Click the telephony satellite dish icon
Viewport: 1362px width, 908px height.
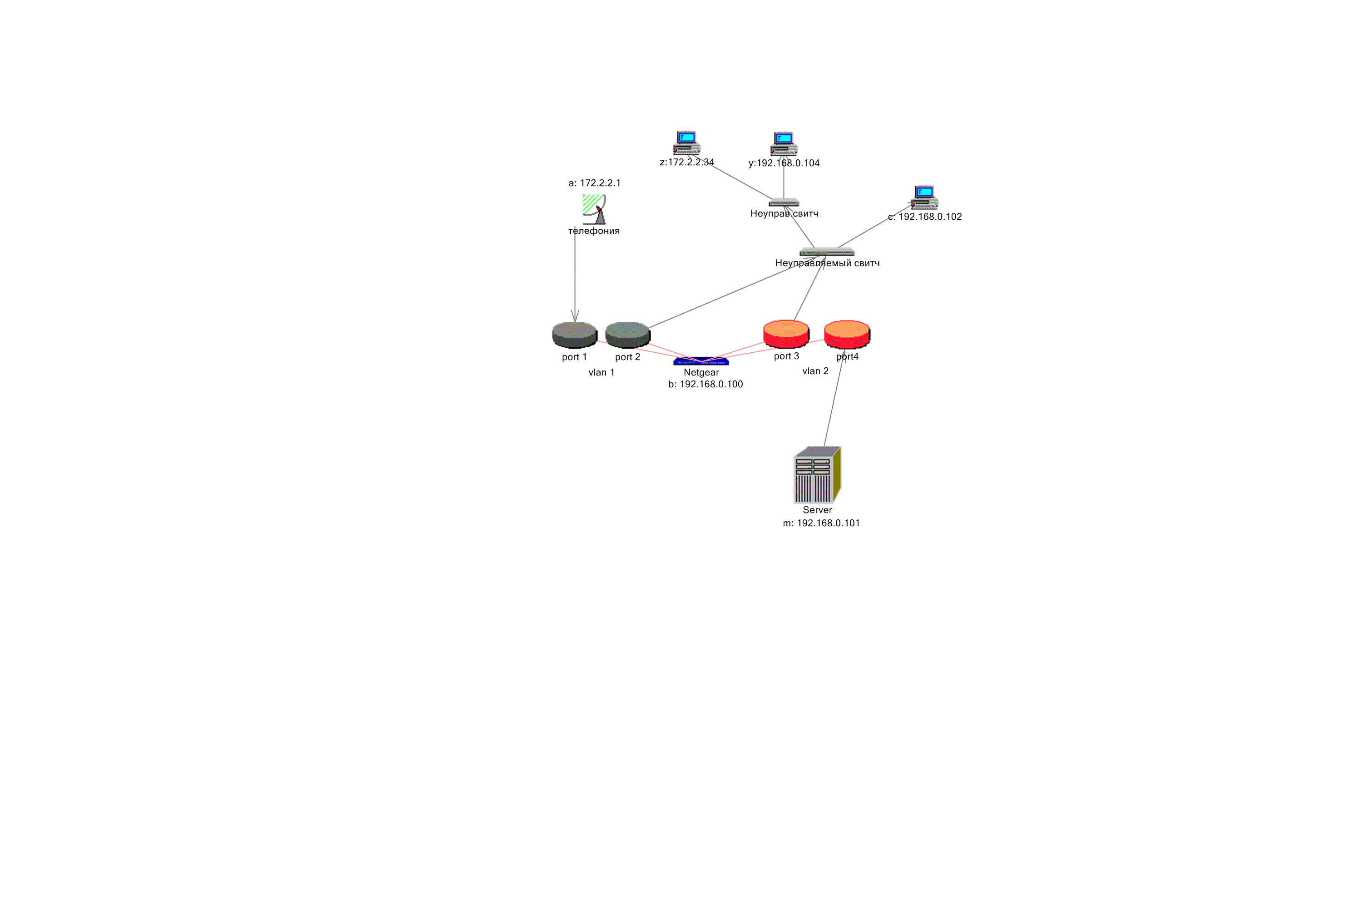click(x=594, y=209)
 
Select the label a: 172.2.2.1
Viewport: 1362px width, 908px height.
click(x=594, y=183)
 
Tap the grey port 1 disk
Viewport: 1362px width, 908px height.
click(x=574, y=334)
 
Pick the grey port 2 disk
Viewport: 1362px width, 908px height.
click(x=628, y=334)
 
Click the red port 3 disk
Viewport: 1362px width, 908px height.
click(x=786, y=334)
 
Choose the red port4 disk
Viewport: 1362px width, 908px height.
click(x=847, y=334)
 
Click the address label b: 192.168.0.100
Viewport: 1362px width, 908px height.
click(x=706, y=384)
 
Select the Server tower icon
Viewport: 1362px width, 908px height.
click(x=816, y=474)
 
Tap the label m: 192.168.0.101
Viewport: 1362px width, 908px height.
click(x=821, y=523)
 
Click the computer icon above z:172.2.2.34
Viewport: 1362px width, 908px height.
click(x=687, y=143)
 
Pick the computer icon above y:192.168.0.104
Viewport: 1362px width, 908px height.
click(x=784, y=143)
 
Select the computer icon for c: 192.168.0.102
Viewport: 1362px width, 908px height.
click(x=925, y=197)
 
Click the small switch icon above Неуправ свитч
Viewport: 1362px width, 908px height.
click(x=784, y=202)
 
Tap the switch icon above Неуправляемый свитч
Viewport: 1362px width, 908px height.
click(x=827, y=252)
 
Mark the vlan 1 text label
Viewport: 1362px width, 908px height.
click(x=601, y=372)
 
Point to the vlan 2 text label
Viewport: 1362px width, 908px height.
click(x=815, y=371)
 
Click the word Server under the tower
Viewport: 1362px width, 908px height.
click(x=817, y=510)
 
